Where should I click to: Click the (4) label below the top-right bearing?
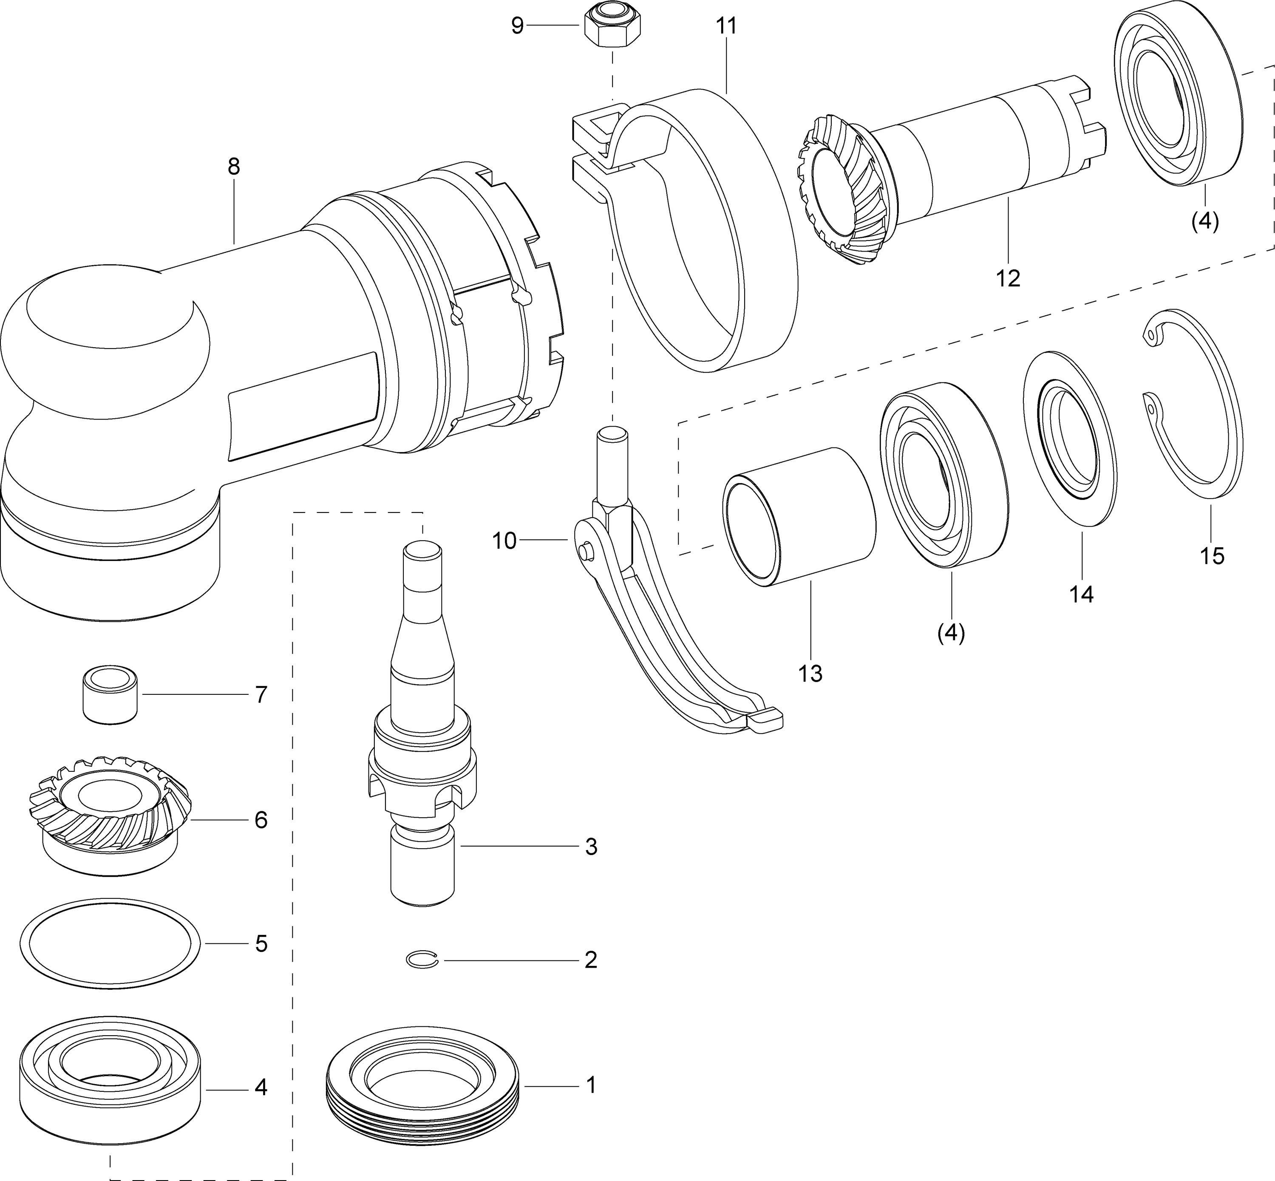pos(1205,222)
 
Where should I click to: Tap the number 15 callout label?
pos(1212,555)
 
